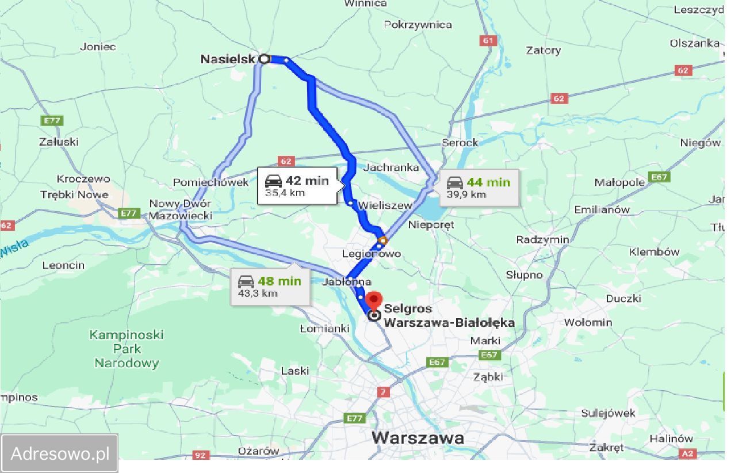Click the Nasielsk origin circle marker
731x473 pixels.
pyautogui.click(x=264, y=59)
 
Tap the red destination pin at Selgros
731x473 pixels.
pyautogui.click(x=374, y=301)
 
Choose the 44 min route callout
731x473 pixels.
pyautogui.click(x=479, y=187)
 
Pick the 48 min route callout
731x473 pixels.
pyautogui.click(x=270, y=286)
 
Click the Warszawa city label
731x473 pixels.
pyautogui.click(x=418, y=438)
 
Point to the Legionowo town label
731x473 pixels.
pyautogui.click(x=371, y=254)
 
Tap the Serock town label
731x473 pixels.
pyautogui.click(x=460, y=143)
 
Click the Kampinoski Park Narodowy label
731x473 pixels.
pyautogui.click(x=127, y=349)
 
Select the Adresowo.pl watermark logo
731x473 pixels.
pyautogui.click(x=60, y=453)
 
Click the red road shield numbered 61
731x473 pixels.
pyautogui.click(x=488, y=41)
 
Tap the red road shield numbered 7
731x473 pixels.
pyautogui.click(x=384, y=392)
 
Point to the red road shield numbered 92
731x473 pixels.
pyautogui.click(x=200, y=455)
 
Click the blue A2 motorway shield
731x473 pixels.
pyautogui.click(x=688, y=453)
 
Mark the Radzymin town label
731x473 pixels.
pyautogui.click(x=542, y=239)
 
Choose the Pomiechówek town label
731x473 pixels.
pyautogui.click(x=211, y=182)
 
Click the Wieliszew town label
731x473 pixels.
pyautogui.click(x=385, y=205)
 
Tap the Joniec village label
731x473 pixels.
pyautogui.click(x=98, y=47)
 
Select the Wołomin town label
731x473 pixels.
pyautogui.click(x=588, y=322)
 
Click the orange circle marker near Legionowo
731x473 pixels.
pyautogui.click(x=382, y=240)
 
